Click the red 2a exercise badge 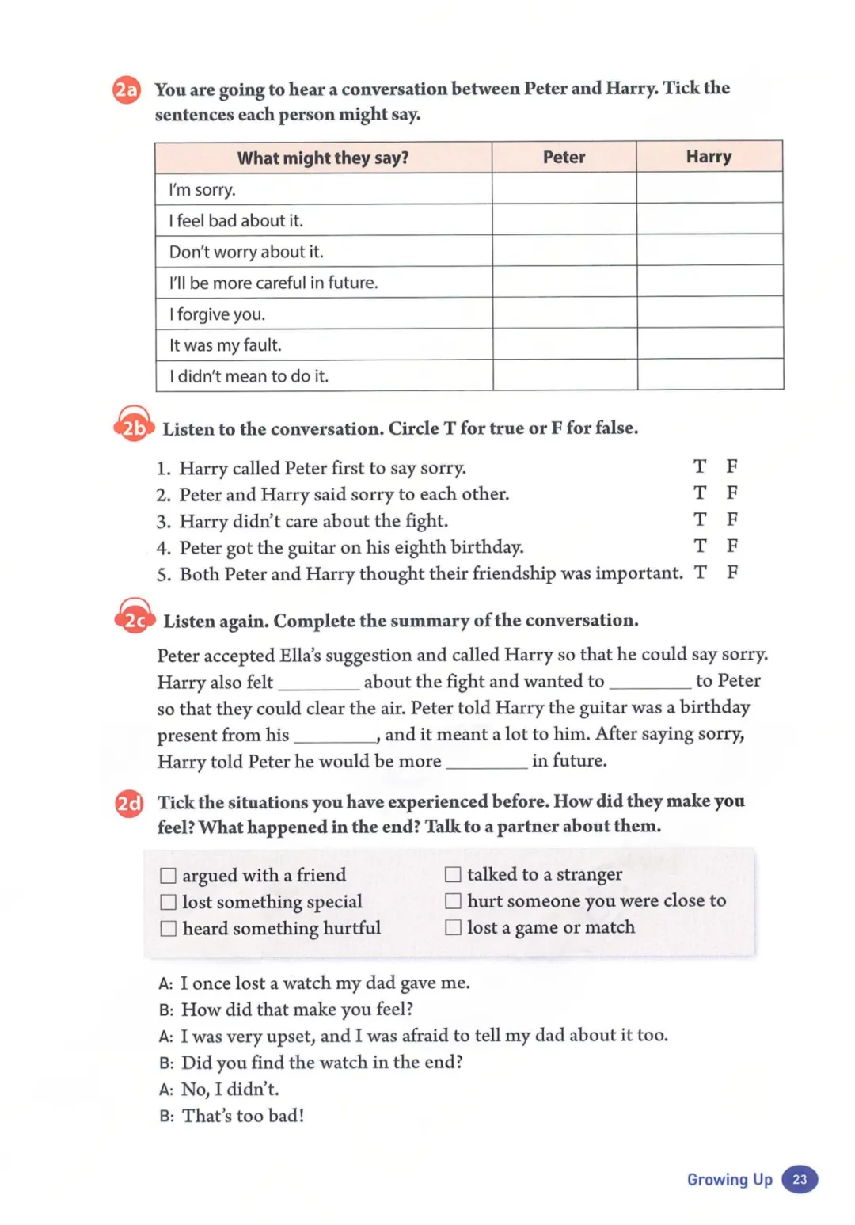pos(127,89)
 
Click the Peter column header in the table pos(564,157)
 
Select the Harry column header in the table pos(709,157)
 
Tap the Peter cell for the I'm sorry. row pos(564,188)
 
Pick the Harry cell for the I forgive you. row pos(709,313)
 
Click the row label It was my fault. pos(226,345)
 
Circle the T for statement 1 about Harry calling pos(700,466)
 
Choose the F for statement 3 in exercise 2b pos(732,519)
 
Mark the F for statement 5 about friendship pos(732,572)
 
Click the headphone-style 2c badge pos(135,618)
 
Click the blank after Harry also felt pos(318,683)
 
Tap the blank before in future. pos(486,762)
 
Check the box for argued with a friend pos(168,875)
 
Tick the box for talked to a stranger pos(453,874)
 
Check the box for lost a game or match pos(453,927)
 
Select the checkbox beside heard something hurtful pos(168,928)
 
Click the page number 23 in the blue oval pos(800,1179)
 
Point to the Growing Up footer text pos(729,1179)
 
